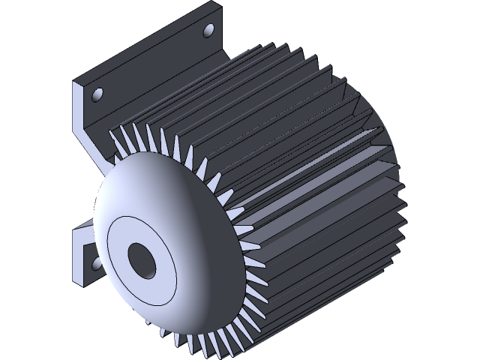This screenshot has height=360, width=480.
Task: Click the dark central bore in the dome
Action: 141,259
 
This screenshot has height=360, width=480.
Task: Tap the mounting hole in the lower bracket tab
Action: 95,263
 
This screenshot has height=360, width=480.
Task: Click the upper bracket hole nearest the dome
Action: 97,94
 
